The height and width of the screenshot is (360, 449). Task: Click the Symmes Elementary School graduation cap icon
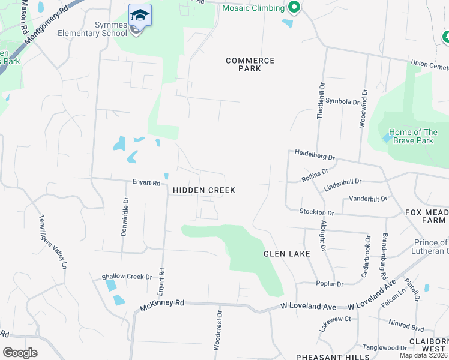(x=140, y=15)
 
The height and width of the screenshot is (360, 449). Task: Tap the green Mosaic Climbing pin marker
(x=294, y=8)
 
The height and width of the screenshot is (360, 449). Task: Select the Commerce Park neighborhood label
(x=250, y=64)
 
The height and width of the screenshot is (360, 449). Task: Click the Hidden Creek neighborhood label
(x=204, y=190)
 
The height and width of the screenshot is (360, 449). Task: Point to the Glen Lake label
(x=287, y=254)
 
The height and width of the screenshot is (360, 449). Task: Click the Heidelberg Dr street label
(x=315, y=155)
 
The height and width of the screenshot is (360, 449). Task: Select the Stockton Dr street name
(x=317, y=212)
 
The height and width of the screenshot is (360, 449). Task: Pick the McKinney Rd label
(x=162, y=304)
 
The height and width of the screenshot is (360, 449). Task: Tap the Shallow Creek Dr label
(x=127, y=277)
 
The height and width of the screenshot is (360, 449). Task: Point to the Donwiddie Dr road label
(x=125, y=217)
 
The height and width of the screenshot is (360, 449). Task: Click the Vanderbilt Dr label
(x=368, y=198)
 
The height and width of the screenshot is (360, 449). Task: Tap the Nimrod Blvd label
(x=406, y=329)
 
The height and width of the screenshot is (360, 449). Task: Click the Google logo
(x=20, y=353)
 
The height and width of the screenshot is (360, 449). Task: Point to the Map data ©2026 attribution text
(x=423, y=355)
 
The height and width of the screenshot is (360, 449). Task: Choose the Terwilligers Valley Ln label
(x=52, y=241)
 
